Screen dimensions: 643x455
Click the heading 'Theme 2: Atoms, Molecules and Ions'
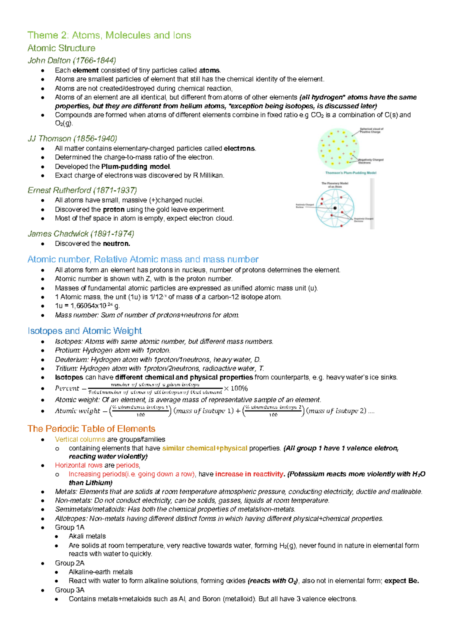point(109,35)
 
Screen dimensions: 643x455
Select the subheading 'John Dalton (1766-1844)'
point(72,60)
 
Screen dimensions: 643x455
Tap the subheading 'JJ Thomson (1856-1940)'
point(72,138)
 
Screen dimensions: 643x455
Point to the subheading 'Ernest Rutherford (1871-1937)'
point(82,190)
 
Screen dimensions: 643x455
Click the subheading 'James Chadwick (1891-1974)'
point(81,234)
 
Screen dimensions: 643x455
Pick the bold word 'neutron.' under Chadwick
point(116,244)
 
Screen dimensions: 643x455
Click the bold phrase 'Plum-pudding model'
point(136,166)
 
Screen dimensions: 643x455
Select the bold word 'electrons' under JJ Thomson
point(239,149)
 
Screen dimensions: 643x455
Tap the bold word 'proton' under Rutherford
point(113,210)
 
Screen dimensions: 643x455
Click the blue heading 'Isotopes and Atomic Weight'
point(85,331)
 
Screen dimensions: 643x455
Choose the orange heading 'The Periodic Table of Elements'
point(91,428)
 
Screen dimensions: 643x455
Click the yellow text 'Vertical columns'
point(80,439)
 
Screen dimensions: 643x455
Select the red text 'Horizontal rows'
point(78,465)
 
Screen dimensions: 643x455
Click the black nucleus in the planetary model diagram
point(335,208)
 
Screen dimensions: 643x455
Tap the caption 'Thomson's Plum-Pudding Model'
point(351,173)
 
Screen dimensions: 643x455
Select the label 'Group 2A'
point(69,563)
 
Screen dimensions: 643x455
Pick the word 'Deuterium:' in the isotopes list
point(72,359)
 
